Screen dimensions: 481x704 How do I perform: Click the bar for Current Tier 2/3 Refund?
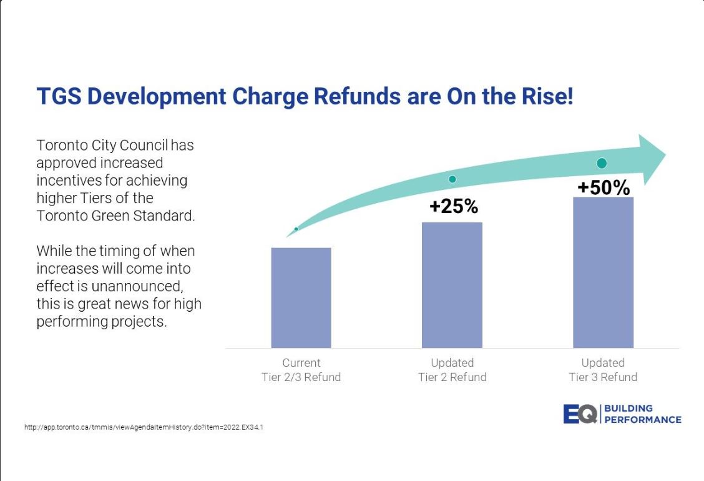point(301,297)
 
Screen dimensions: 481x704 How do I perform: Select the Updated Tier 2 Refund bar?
point(452,285)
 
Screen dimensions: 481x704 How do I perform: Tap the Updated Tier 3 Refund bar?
point(603,272)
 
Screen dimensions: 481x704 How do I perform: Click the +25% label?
point(453,206)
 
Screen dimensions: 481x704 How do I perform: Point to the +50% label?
point(603,187)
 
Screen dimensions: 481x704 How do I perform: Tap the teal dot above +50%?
point(602,163)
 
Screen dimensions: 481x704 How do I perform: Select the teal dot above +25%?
point(452,179)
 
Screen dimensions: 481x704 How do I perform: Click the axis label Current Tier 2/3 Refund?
point(301,370)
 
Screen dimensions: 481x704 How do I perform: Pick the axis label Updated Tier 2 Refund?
point(452,370)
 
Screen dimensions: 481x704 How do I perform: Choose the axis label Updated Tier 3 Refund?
point(603,370)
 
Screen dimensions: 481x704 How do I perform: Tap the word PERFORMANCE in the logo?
point(643,420)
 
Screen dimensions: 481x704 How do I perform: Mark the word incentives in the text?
point(70,181)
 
